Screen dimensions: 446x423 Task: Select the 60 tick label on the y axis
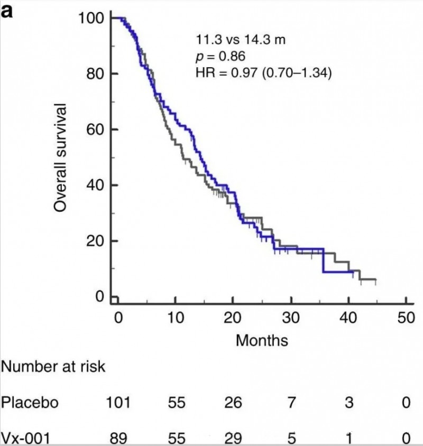coord(92,129)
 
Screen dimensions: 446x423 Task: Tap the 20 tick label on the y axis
coord(92,241)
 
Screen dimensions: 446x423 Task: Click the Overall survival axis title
coord(60,158)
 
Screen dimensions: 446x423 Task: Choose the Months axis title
coord(262,340)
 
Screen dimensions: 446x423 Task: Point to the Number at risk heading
coord(53,367)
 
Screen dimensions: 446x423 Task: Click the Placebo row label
coord(30,403)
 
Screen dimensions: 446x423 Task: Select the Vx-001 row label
coord(27,439)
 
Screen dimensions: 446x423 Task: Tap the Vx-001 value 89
coord(118,439)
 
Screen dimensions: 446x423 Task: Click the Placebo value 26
coord(233,403)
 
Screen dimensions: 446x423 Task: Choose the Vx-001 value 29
coord(233,439)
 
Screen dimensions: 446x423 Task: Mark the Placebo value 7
coord(291,403)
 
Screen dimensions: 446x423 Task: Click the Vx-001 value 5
coord(291,439)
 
